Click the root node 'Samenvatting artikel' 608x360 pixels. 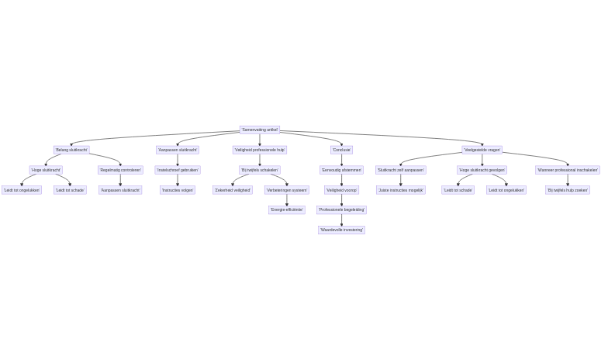click(259, 130)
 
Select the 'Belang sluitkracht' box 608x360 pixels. click(71, 150)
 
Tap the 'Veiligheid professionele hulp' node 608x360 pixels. click(259, 150)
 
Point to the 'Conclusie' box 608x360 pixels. click(341, 150)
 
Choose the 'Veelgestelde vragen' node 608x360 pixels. click(482, 150)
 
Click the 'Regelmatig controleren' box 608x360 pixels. click(120, 170)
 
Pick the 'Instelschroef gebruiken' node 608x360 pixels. click(178, 170)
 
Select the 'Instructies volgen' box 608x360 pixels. click(178, 190)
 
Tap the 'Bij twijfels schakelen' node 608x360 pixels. click(259, 170)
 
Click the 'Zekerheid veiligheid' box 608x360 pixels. click(233, 190)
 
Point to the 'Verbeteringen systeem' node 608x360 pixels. click(287, 190)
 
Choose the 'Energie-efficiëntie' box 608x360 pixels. click(287, 210)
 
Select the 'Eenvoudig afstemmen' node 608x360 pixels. click(341, 170)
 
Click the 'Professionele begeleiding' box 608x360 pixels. click(341, 210)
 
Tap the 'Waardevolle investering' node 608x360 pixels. click(341, 230)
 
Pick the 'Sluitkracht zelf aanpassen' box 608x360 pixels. click(400, 170)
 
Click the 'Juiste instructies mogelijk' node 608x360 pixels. click(400, 190)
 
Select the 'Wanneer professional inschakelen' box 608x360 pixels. click(567, 170)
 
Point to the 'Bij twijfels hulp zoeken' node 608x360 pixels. click(567, 190)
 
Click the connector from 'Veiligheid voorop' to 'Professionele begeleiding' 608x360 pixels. click(341, 200)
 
